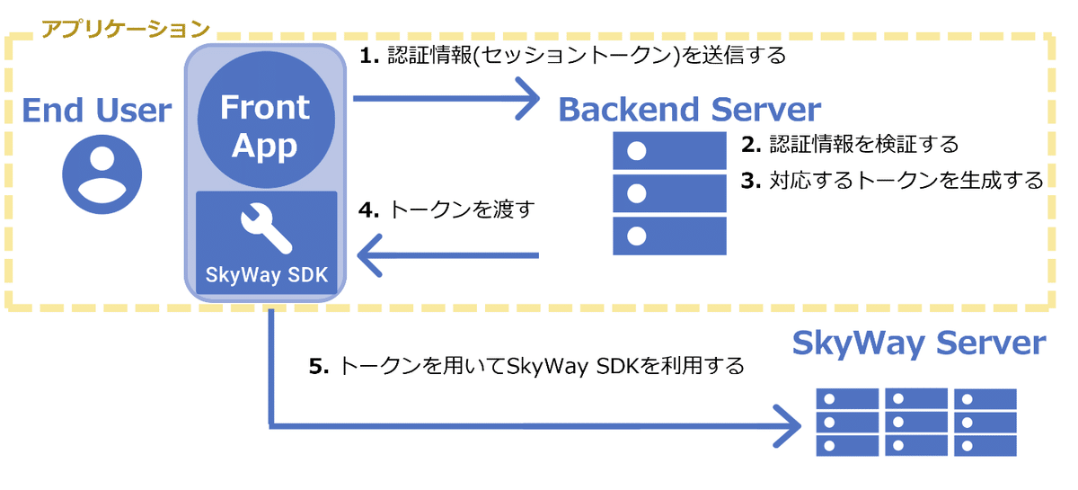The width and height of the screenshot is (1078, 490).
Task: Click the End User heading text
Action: pos(96,111)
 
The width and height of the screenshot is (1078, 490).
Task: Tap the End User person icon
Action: pos(102,174)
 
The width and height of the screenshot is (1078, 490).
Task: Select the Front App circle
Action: pos(265,126)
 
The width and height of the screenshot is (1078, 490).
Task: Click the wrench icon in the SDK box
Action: pos(267,228)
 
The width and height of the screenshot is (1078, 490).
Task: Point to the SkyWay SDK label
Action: pos(267,274)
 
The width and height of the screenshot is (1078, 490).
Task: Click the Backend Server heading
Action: pos(689,110)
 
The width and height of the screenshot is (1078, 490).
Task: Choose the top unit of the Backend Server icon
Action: pos(669,151)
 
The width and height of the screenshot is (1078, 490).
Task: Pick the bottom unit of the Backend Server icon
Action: pos(669,236)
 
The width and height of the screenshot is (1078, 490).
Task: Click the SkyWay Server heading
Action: pos(919,343)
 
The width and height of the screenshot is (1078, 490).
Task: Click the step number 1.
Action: pos(367,56)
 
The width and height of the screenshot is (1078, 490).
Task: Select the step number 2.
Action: pos(748,144)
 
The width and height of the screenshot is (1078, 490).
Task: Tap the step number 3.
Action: pos(748,180)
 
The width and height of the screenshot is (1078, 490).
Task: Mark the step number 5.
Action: pos(315,367)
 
